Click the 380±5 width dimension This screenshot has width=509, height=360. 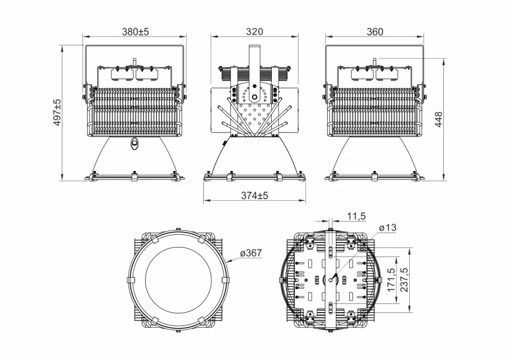pyautogui.click(x=135, y=32)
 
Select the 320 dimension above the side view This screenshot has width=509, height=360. pyautogui.click(x=254, y=32)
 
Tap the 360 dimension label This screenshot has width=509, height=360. pyautogui.click(x=375, y=32)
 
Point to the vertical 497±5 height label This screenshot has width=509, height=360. pyautogui.click(x=58, y=113)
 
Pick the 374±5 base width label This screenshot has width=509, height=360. pyautogui.click(x=254, y=196)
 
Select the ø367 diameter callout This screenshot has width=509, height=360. pyautogui.click(x=250, y=253)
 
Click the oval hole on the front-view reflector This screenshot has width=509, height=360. pyautogui.click(x=134, y=144)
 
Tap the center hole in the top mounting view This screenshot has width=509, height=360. pyautogui.click(x=331, y=279)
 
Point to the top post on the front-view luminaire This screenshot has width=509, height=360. pyautogui.click(x=135, y=61)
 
